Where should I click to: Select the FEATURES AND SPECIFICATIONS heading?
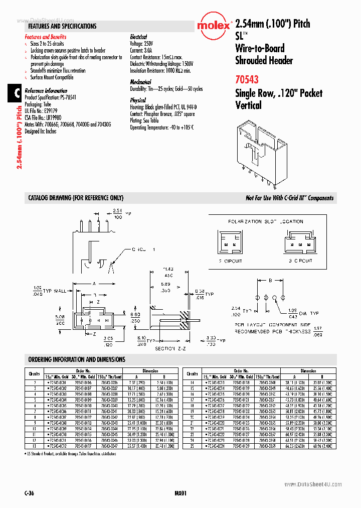coord(62,26)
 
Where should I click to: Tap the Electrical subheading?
coord(138,37)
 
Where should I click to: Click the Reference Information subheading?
coord(46,91)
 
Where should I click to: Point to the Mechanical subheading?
coord(140,82)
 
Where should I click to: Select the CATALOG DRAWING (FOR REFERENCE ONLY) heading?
coord(76,198)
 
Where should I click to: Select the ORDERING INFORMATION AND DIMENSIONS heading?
coord(77,359)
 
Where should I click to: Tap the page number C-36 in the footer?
coord(30,493)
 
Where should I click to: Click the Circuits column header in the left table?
coord(34,373)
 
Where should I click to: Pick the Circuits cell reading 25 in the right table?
coord(192,446)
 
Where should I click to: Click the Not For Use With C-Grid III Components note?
coord(289,198)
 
